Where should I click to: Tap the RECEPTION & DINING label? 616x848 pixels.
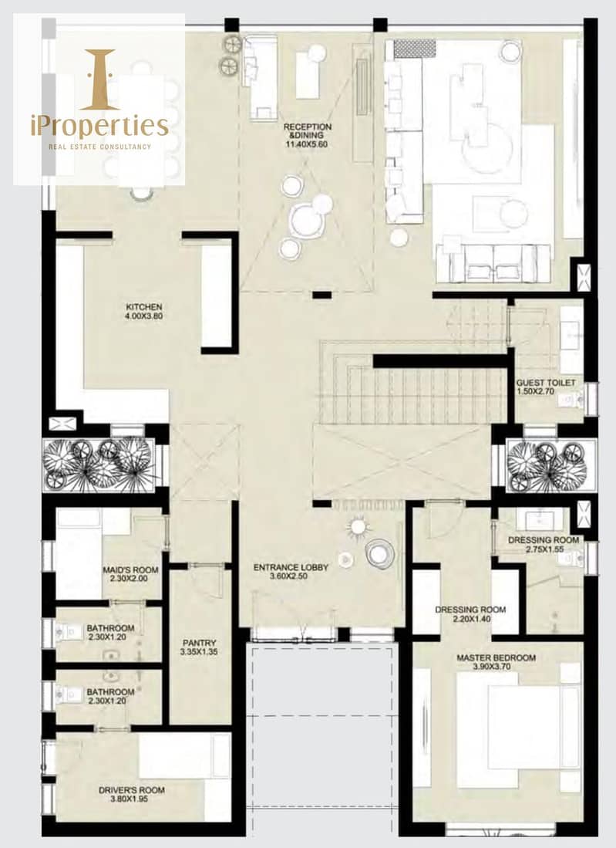[x=307, y=131]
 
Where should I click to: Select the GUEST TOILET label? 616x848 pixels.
[x=546, y=383]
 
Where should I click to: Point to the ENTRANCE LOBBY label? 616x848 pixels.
[x=291, y=567]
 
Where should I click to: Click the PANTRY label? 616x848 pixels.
[x=200, y=643]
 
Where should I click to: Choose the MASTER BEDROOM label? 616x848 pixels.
[x=496, y=658]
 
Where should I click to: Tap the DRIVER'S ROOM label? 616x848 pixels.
[x=131, y=790]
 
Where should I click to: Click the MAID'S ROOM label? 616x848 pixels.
[x=131, y=570]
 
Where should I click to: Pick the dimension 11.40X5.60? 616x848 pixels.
[x=307, y=144]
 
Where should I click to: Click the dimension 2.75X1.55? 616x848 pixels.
[x=544, y=549]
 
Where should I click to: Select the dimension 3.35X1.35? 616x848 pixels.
[x=199, y=652]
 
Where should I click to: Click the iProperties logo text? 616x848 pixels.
[x=99, y=126]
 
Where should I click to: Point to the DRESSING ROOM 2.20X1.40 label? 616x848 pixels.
[x=470, y=614]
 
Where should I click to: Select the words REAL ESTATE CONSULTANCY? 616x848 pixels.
[x=100, y=147]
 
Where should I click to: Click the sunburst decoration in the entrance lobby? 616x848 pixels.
[x=357, y=526]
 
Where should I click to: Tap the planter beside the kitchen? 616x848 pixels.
[x=99, y=465]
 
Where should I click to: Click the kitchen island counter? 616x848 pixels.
[x=216, y=296]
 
